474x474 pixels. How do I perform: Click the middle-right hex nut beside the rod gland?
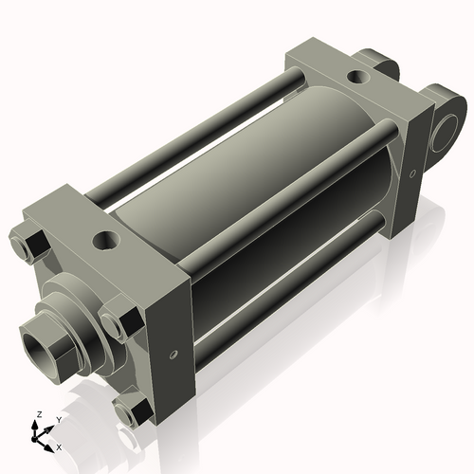121,321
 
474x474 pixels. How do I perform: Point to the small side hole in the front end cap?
173,355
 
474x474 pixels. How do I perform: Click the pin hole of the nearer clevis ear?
443,135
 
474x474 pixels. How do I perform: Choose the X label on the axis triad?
59,446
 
